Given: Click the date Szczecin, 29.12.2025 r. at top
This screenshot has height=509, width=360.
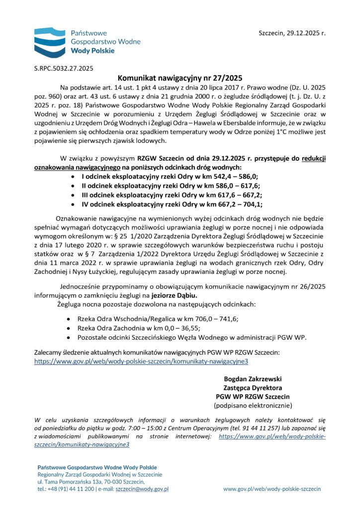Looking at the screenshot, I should tap(292, 33).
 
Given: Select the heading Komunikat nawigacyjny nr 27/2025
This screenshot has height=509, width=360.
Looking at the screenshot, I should tap(180, 78).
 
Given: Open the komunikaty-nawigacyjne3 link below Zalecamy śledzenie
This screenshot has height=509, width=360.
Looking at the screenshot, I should tap(141, 361).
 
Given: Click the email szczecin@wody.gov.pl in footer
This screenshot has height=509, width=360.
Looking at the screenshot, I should tap(142, 489).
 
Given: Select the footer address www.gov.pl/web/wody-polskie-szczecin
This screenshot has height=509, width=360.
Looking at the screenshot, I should tap(271, 489).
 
